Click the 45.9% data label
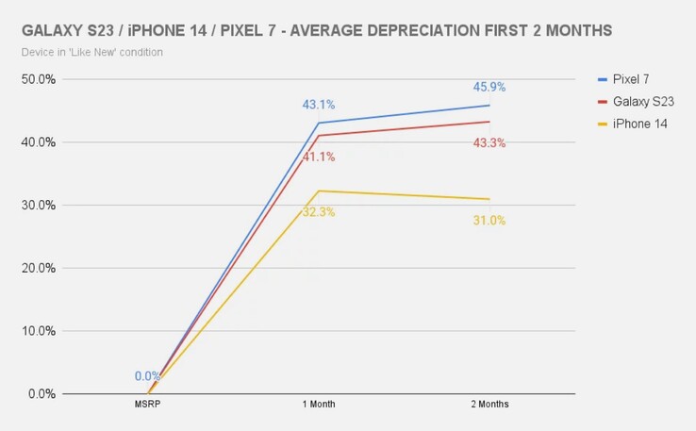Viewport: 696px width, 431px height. click(489, 87)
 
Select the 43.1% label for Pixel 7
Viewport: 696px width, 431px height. click(319, 105)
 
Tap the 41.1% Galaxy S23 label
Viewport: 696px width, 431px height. click(319, 157)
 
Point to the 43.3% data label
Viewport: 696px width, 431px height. click(489, 142)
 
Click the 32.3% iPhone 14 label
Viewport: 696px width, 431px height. click(319, 212)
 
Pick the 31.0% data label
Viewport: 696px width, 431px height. click(489, 221)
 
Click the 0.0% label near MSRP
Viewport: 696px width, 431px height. click(147, 375)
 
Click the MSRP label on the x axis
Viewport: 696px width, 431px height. click(148, 405)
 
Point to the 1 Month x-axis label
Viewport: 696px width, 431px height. click(319, 405)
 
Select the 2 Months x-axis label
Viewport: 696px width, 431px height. click(489, 405)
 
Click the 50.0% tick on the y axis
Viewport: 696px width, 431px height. click(39, 79)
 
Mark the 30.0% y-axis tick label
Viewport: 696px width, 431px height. click(39, 206)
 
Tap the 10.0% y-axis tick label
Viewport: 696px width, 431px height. click(39, 331)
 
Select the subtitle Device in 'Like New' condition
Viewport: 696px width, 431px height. click(91, 52)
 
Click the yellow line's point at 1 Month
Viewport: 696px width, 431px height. click(319, 191)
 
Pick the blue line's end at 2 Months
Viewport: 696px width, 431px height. click(489, 105)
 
